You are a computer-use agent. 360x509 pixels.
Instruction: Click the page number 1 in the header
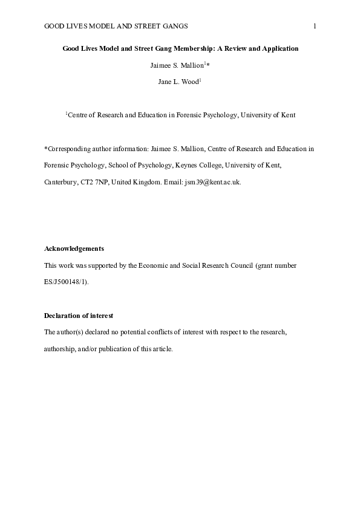click(315, 25)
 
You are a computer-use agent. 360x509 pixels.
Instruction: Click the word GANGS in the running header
click(172, 25)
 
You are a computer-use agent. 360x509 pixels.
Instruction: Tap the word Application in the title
click(278, 48)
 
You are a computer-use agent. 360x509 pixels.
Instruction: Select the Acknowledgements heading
click(74, 248)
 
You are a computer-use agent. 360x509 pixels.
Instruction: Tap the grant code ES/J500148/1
click(66, 282)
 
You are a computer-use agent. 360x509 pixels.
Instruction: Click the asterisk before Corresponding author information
click(46, 148)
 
